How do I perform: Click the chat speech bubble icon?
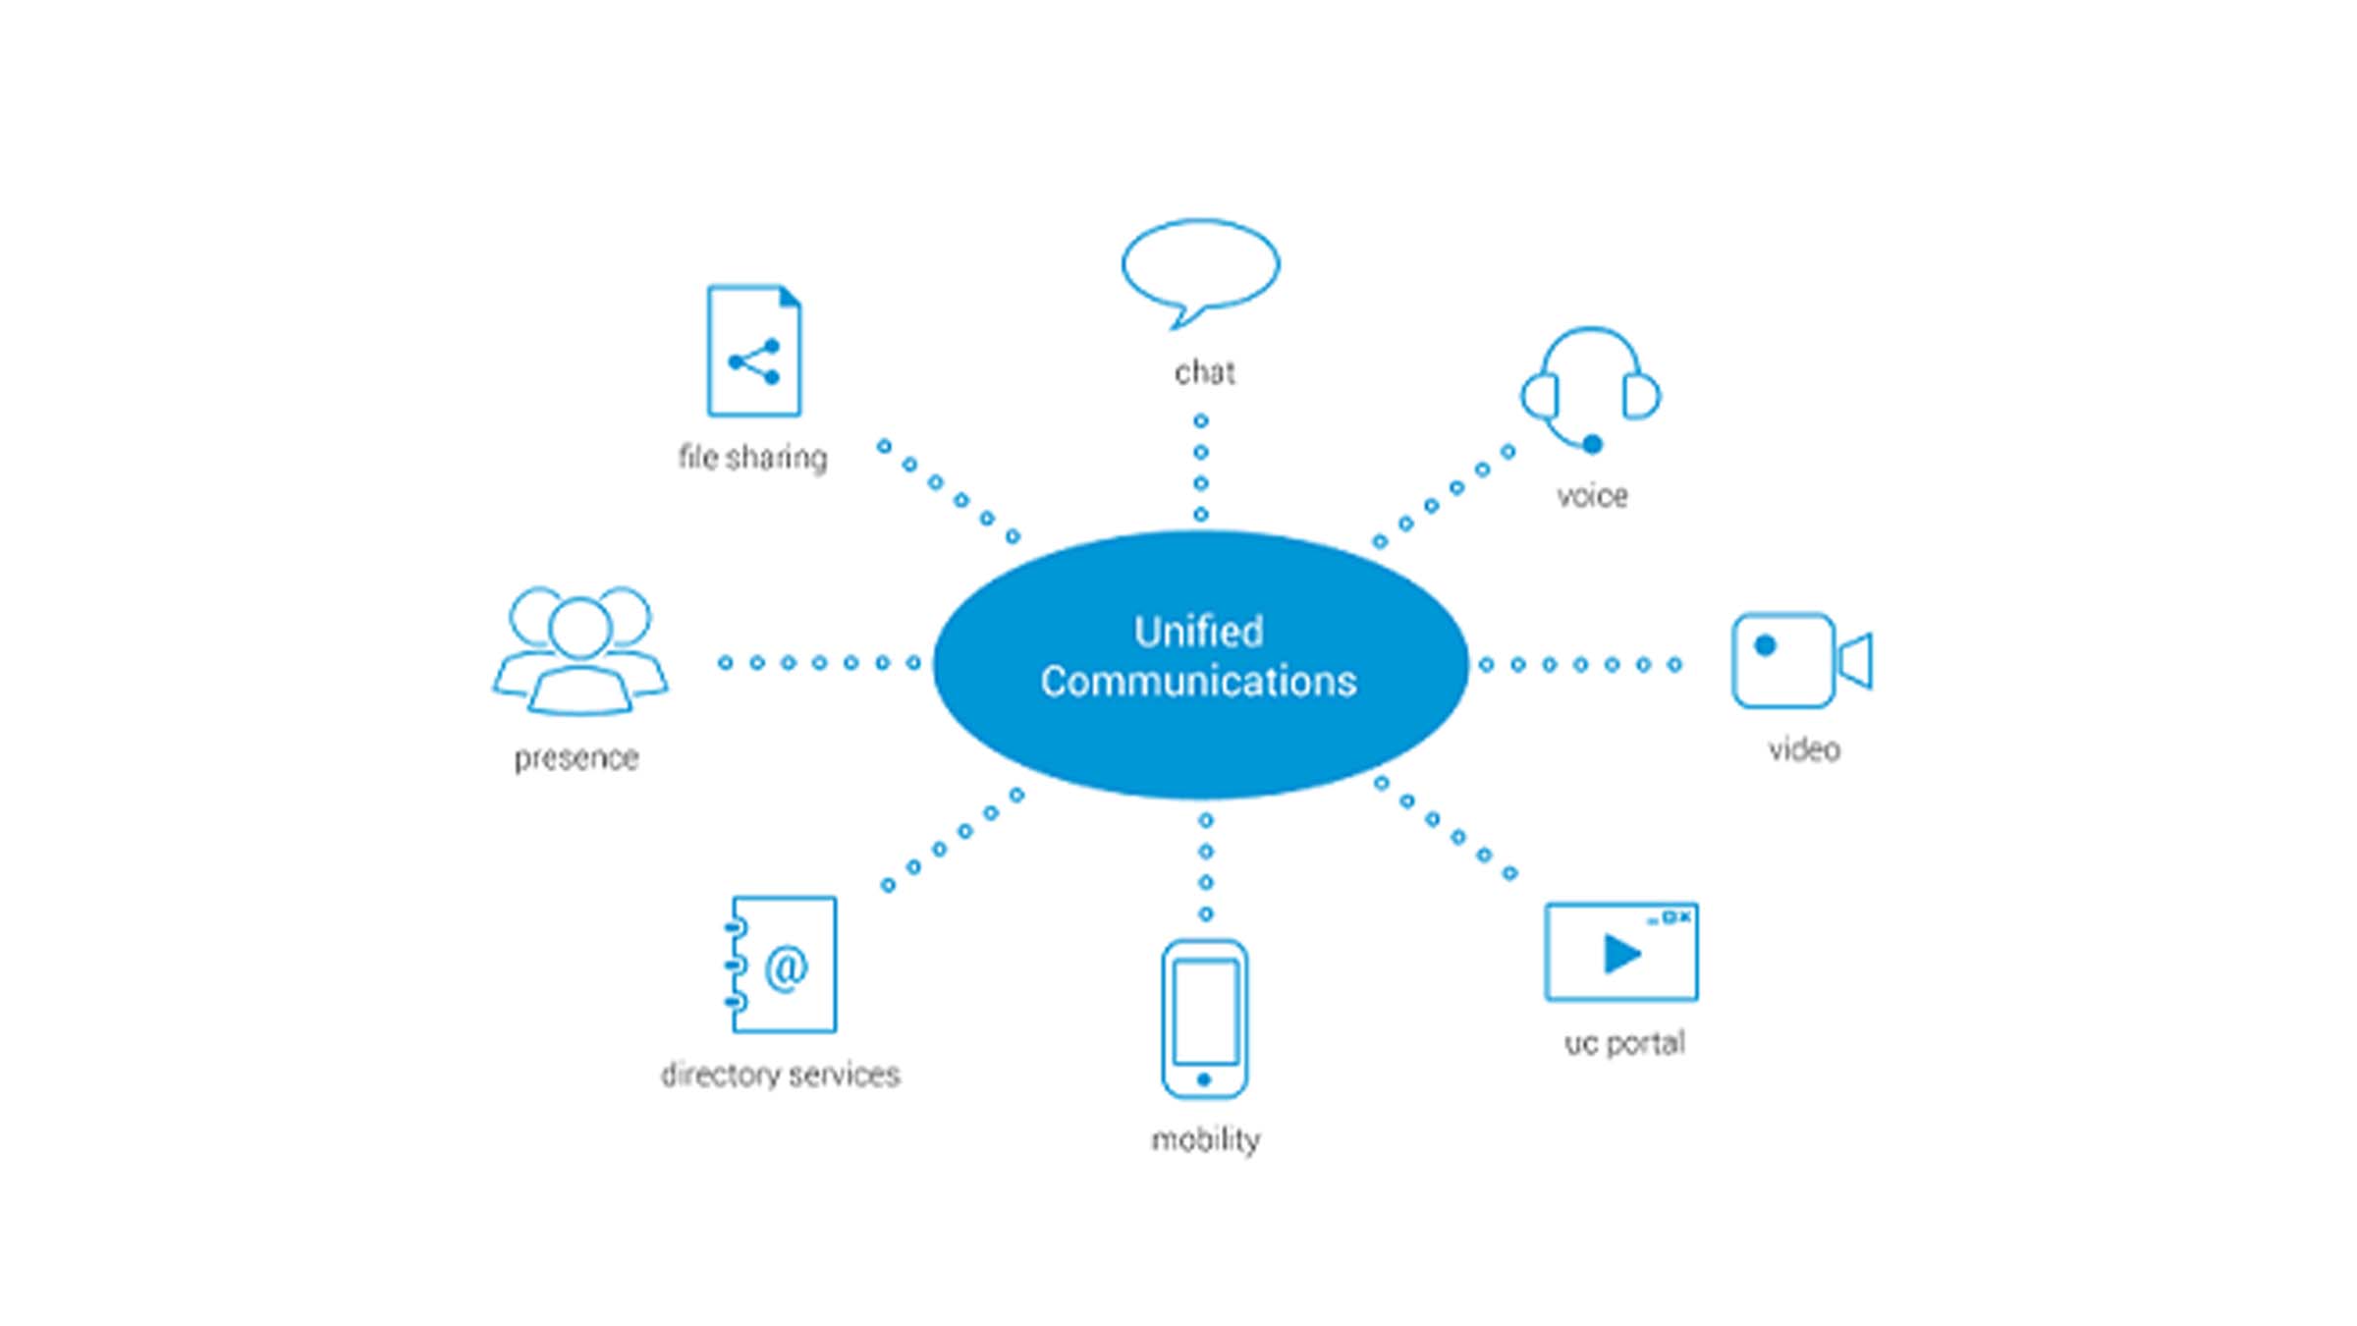1200,265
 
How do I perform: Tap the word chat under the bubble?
1205,372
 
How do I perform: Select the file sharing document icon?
754,351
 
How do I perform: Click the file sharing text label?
753,458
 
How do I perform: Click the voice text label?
1592,496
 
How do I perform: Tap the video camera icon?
1799,660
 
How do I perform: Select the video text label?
1804,750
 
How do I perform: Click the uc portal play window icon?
1621,952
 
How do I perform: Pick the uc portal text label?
1624,1043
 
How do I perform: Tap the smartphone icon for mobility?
1205,1019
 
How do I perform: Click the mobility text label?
1205,1139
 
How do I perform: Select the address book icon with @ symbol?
782,965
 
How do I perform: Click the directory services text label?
781,1075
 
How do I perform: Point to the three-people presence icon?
580,650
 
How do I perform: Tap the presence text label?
576,758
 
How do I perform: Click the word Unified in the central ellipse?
1199,632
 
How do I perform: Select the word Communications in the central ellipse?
1199,682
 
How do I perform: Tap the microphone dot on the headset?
1593,444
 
